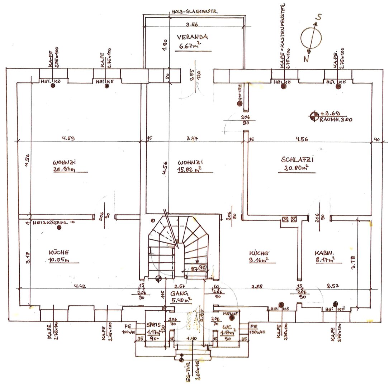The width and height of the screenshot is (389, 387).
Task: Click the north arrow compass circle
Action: point(311,38)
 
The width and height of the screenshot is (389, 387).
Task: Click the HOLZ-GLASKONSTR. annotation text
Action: point(194,11)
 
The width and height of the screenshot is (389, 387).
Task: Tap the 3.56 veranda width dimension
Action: point(192,24)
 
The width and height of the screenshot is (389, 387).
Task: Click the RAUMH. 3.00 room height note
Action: point(335,120)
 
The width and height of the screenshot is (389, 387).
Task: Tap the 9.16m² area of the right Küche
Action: point(259,260)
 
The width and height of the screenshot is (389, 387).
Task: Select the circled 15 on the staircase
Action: point(203,268)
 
